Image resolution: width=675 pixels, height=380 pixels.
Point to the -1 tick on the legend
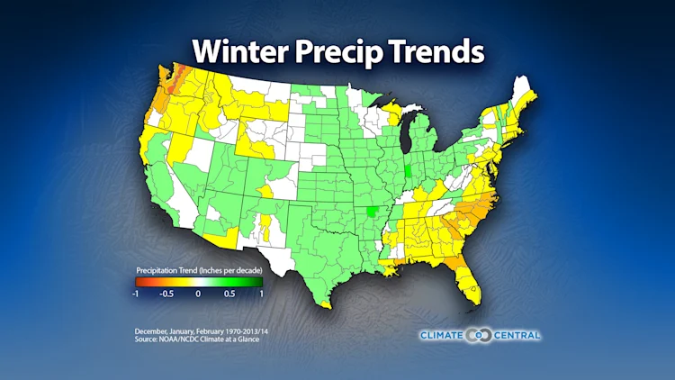click(135, 293)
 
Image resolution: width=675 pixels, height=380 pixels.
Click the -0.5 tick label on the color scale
click(166, 293)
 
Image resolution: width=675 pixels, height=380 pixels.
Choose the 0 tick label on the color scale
click(199, 293)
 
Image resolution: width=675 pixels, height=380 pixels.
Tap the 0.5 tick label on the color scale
click(229, 293)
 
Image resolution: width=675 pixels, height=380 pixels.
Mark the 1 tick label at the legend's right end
click(261, 293)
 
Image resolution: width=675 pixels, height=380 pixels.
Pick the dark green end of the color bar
click(258, 281)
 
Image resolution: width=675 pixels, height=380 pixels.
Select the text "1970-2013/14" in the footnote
click(225, 330)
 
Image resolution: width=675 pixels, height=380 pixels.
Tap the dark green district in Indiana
click(408, 171)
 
